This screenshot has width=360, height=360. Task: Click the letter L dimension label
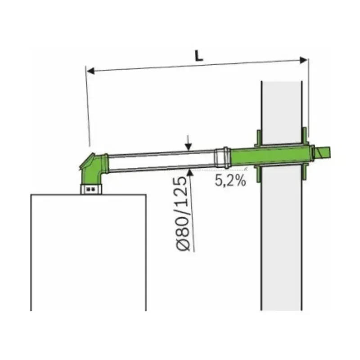point(199,56)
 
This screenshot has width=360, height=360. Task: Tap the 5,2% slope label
point(230,180)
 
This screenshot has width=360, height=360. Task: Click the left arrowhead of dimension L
point(91,71)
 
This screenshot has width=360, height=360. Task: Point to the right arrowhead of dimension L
point(303,60)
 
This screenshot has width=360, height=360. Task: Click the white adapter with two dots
point(91,189)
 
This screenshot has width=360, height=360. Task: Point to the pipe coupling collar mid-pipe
point(222,158)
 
